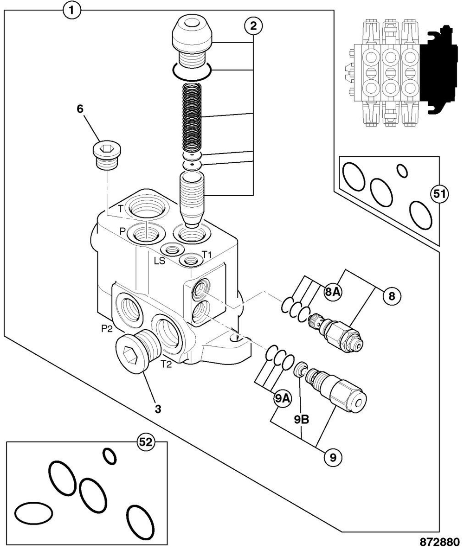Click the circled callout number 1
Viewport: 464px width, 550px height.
[72, 11]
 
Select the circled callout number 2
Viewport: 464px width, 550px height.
[253, 26]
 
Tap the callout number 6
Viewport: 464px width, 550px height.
[80, 109]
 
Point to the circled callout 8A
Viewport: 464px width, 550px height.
[332, 292]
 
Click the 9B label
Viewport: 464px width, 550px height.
[302, 419]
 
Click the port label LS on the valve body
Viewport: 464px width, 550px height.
[159, 261]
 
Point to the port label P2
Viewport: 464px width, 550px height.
[107, 328]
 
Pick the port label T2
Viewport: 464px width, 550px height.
[167, 365]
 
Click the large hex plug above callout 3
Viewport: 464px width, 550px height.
[138, 351]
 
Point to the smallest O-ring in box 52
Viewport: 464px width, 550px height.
[109, 456]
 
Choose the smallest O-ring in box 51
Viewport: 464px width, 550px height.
[402, 171]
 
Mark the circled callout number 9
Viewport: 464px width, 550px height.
[332, 457]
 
